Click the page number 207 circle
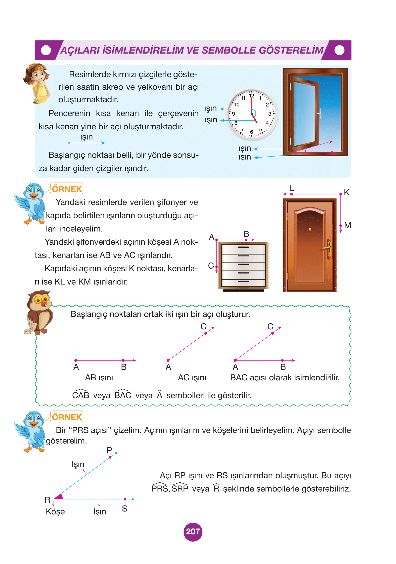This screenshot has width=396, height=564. click(193, 532)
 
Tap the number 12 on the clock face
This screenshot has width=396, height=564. click(251, 96)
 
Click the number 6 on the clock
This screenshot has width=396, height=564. click(251, 132)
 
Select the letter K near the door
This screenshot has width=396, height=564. click(346, 192)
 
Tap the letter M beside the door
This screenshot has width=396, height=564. click(347, 225)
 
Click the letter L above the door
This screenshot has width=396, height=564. click(292, 188)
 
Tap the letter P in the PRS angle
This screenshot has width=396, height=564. click(109, 450)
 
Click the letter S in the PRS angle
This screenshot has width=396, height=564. click(124, 508)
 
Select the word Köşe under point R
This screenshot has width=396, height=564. click(55, 512)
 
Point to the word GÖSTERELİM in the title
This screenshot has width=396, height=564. click(291, 50)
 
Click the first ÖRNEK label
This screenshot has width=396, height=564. click(67, 189)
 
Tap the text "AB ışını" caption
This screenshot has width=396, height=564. click(99, 378)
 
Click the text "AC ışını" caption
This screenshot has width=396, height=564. click(192, 378)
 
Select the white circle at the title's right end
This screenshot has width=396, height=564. click(339, 50)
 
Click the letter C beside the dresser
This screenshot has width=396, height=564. click(211, 266)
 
